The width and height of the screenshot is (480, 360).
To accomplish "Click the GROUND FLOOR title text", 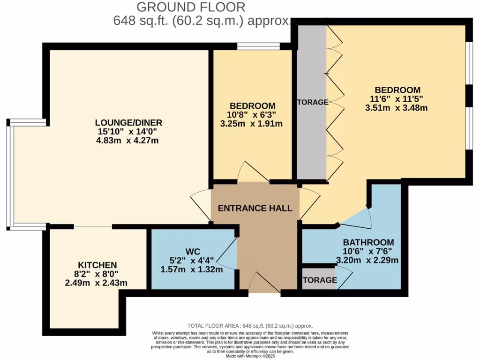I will pyautogui.click(x=191, y=7).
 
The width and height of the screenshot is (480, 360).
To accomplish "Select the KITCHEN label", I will pyautogui.click(x=97, y=265).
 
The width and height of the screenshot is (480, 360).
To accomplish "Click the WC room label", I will pyautogui.click(x=191, y=251).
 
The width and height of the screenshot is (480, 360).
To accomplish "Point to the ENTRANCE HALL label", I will pyautogui.click(x=255, y=208).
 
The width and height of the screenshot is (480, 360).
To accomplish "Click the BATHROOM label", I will pyautogui.click(x=368, y=242).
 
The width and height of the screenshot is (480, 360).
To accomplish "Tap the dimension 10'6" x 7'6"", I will pyautogui.click(x=368, y=252).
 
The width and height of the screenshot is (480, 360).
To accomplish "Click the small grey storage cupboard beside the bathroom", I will pyautogui.click(x=319, y=280).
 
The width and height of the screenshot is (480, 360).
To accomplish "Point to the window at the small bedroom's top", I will pyautogui.click(x=259, y=46).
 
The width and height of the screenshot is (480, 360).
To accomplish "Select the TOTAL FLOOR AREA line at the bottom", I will pyautogui.click(x=250, y=326).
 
